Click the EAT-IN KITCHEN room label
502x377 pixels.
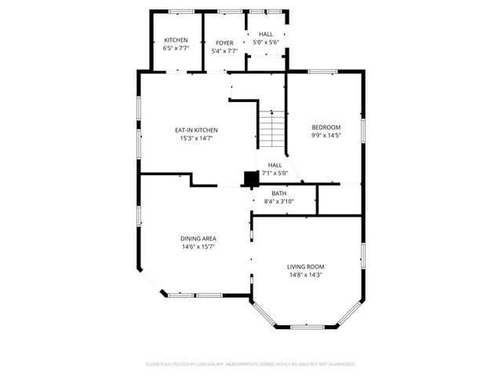(x=195, y=130)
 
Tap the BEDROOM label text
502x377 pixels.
(x=326, y=127)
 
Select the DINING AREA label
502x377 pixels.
(x=198, y=238)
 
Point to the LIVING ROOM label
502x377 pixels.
(x=306, y=266)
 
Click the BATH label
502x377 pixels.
(x=279, y=193)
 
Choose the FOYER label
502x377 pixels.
(x=224, y=42)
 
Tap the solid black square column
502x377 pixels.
(x=251, y=179)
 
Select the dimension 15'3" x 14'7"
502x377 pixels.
(x=195, y=138)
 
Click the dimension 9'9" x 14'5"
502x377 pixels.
(x=326, y=135)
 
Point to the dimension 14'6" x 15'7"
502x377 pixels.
(x=198, y=247)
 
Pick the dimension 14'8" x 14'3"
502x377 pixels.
(x=306, y=275)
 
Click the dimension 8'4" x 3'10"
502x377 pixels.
(x=279, y=202)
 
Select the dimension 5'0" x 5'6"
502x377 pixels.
(x=267, y=42)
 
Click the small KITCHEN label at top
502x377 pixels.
(x=176, y=40)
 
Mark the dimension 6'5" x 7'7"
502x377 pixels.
(x=176, y=49)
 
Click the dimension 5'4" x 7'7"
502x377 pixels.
(x=224, y=51)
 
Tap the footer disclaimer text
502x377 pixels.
(x=251, y=364)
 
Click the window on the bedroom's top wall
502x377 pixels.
(x=322, y=72)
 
